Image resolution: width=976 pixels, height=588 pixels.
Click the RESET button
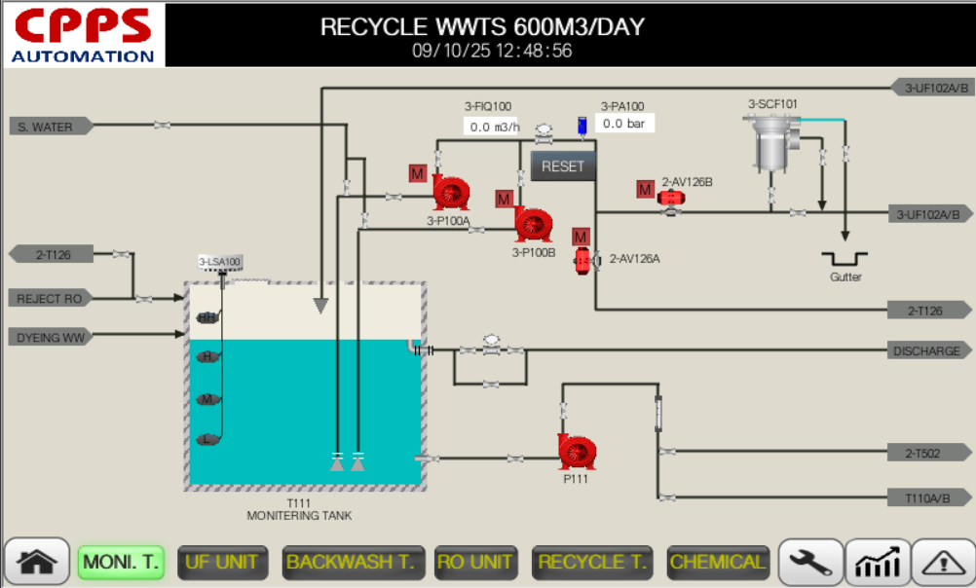tap(562, 166)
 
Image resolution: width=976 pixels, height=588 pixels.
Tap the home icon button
tap(37, 562)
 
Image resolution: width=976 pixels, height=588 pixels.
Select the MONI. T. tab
tap(122, 562)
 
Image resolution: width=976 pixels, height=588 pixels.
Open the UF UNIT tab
tap(223, 562)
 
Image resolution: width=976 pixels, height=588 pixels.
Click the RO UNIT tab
tap(476, 562)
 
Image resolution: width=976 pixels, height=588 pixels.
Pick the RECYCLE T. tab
tap(593, 562)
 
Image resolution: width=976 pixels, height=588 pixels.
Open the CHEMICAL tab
tap(718, 562)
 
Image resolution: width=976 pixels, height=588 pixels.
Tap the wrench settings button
tap(809, 562)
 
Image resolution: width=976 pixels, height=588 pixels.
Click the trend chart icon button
tap(877, 562)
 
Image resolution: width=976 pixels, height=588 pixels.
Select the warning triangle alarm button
tap(942, 562)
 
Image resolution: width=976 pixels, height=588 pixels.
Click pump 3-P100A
tap(451, 193)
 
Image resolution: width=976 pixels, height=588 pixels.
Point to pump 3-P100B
tap(534, 224)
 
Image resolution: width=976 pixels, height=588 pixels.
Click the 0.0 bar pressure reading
tap(624, 124)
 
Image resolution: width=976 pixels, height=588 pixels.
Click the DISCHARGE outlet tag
tap(930, 350)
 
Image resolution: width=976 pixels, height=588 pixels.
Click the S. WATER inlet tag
tap(51, 126)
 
